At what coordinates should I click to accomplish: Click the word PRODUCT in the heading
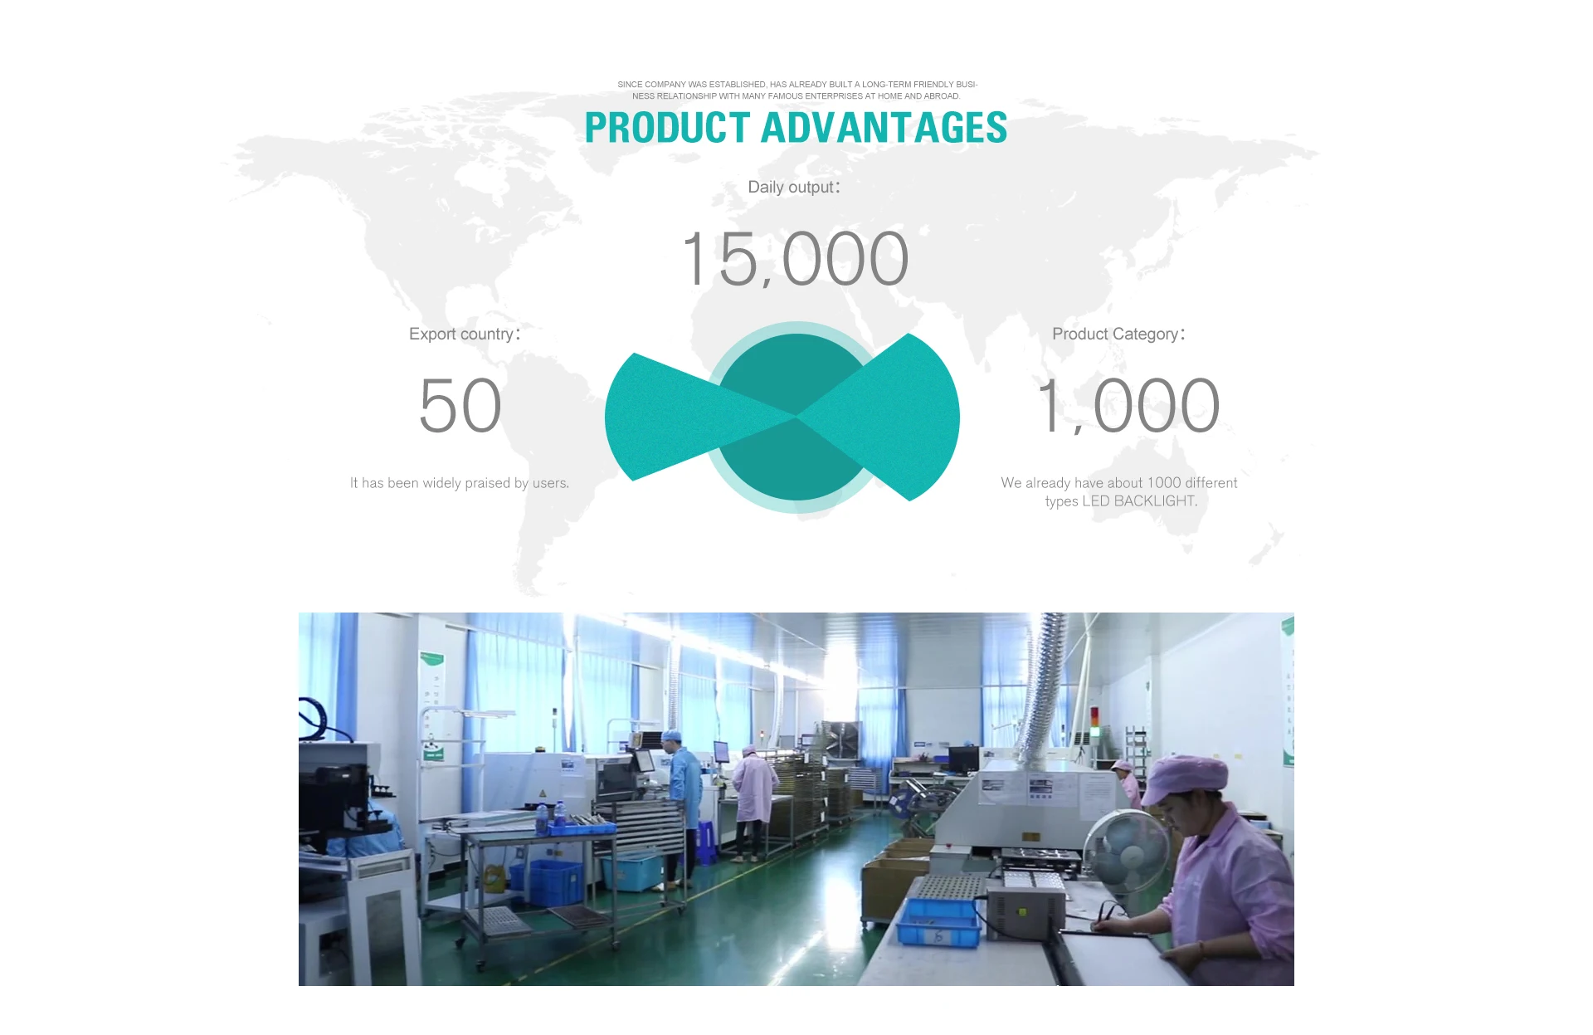pyautogui.click(x=668, y=128)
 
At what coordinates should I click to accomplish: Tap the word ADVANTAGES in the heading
pyautogui.click(x=884, y=128)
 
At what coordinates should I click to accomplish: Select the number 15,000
pyautogui.click(x=796, y=259)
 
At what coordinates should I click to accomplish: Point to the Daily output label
pyautogui.click(x=794, y=188)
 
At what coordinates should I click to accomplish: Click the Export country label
pyautogui.click(x=465, y=334)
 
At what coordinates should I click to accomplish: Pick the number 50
pyautogui.click(x=460, y=406)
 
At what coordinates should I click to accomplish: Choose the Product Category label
pyautogui.click(x=1118, y=334)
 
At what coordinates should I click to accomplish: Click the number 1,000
pyautogui.click(x=1128, y=406)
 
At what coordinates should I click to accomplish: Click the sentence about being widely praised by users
pyautogui.click(x=460, y=483)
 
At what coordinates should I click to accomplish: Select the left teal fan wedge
pyautogui.click(x=689, y=417)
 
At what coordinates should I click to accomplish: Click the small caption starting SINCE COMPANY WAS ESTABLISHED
pyautogui.click(x=796, y=90)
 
